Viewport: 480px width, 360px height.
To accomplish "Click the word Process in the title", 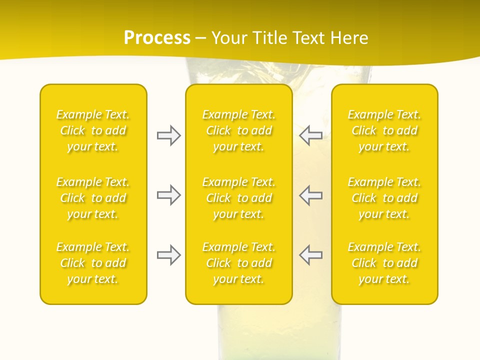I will pyautogui.click(x=157, y=38).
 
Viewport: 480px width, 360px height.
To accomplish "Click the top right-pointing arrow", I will pyautogui.click(x=168, y=135).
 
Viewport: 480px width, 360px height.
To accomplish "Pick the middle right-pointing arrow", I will pyautogui.click(x=168, y=195).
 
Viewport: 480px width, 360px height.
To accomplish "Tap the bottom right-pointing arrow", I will pyautogui.click(x=168, y=255).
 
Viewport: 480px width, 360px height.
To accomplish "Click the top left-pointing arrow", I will pyautogui.click(x=310, y=135).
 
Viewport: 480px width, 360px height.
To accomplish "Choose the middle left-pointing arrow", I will pyautogui.click(x=310, y=195).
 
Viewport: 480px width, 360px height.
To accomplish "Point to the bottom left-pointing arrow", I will pyautogui.click(x=310, y=255).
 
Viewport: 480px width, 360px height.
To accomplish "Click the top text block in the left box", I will pyautogui.click(x=93, y=130).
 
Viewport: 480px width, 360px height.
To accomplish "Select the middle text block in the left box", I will pyautogui.click(x=93, y=198).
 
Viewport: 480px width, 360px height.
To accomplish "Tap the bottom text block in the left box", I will pyautogui.click(x=93, y=263).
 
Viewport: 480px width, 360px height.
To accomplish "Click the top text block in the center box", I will pyautogui.click(x=238, y=130).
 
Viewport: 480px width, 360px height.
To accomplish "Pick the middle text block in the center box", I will pyautogui.click(x=238, y=198).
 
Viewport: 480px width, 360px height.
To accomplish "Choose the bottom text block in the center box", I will pyautogui.click(x=238, y=263).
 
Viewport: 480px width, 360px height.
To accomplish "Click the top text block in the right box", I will pyautogui.click(x=384, y=130).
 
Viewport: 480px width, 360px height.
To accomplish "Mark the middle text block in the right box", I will pyautogui.click(x=384, y=198).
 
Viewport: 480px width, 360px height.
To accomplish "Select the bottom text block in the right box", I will pyautogui.click(x=384, y=263).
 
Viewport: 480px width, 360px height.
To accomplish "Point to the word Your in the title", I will pyautogui.click(x=229, y=38).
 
